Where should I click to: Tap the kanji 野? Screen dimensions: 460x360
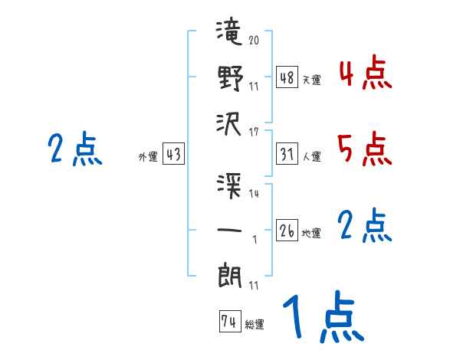point(229,78)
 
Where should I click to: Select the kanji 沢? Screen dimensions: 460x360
point(229,122)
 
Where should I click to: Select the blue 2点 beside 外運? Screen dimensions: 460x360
point(75,149)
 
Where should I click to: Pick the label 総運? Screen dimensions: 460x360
point(255,325)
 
